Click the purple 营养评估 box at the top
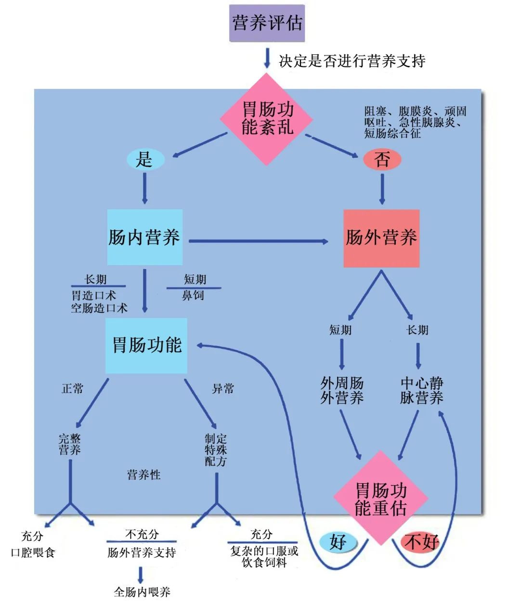267,23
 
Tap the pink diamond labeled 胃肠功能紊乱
267,119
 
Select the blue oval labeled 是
145,159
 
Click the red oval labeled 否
382,159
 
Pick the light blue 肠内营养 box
144,237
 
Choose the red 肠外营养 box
381,238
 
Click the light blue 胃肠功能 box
146,345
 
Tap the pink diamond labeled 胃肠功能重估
381,499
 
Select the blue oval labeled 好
338,542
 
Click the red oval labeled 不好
421,542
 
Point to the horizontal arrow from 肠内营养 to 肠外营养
258,241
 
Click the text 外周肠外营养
342,390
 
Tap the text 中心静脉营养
421,390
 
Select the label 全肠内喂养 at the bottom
142,591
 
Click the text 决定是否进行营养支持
352,61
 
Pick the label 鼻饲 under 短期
193,296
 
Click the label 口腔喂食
33,552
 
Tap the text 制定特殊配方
216,450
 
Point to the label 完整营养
70,444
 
